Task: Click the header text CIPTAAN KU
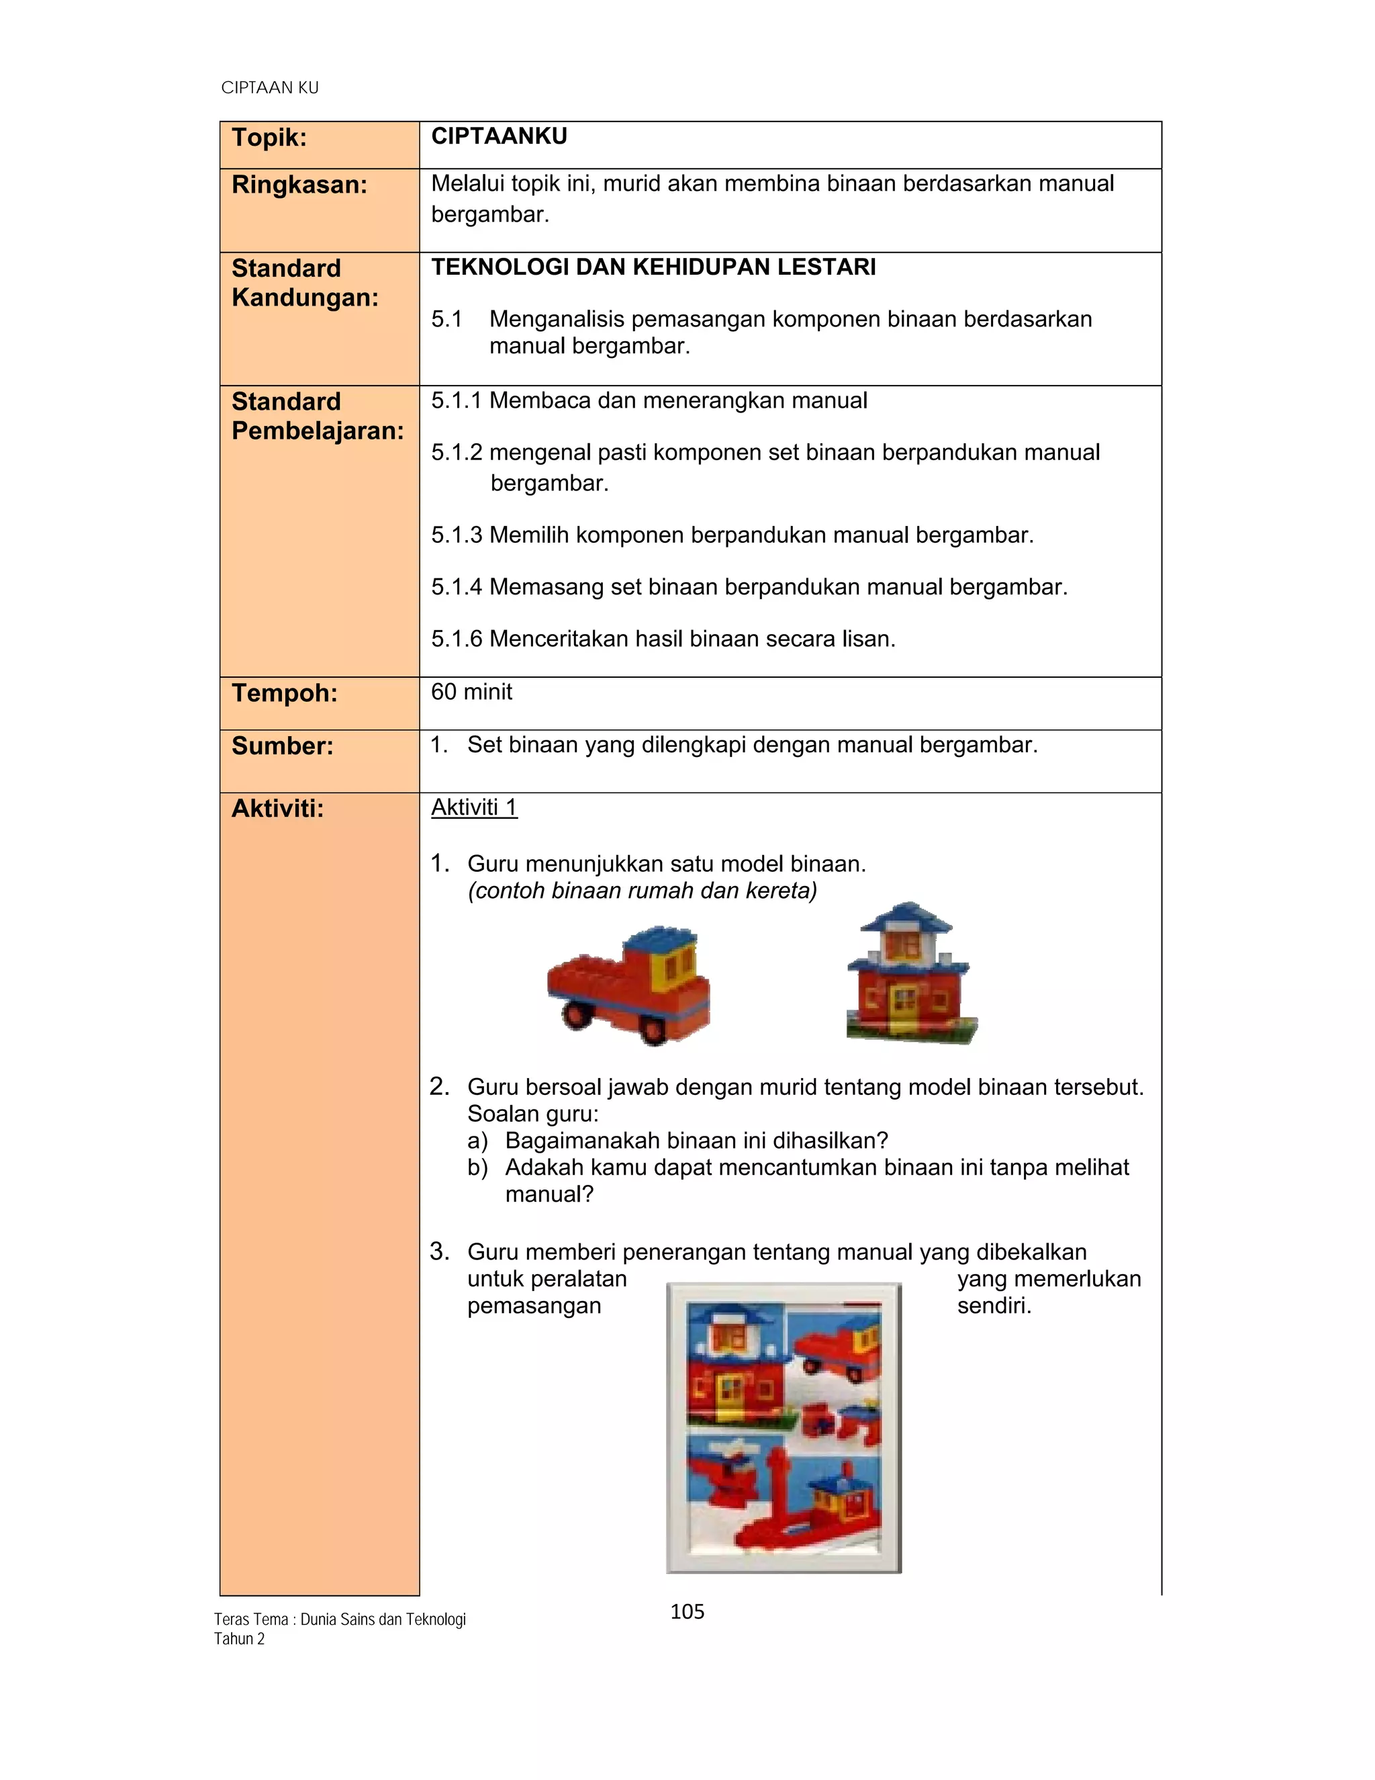pyautogui.click(x=270, y=88)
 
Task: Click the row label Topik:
pyautogui.click(x=269, y=138)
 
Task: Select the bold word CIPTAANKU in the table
pyautogui.click(x=499, y=137)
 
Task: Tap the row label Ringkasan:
pyautogui.click(x=299, y=185)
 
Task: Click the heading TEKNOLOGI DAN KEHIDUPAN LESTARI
pyautogui.click(x=653, y=267)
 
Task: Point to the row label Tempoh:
pyautogui.click(x=283, y=694)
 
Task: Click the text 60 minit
pyautogui.click(x=471, y=692)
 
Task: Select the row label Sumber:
pyautogui.click(x=282, y=746)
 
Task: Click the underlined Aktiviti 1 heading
pyautogui.click(x=474, y=807)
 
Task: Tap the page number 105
pyautogui.click(x=687, y=1611)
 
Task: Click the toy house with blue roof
pyautogui.click(x=910, y=974)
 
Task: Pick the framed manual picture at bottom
pyautogui.click(x=784, y=1428)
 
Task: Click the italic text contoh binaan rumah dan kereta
pyautogui.click(x=642, y=891)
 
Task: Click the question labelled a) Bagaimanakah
pyautogui.click(x=677, y=1141)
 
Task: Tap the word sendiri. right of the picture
pyautogui.click(x=994, y=1306)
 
